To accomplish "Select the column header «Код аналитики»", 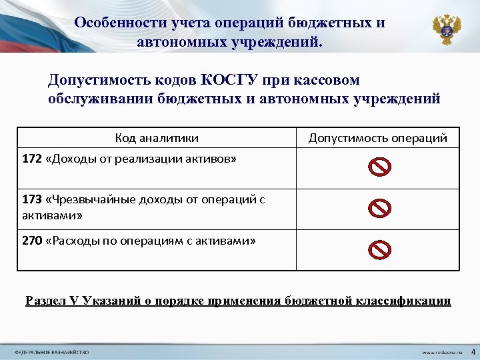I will [157, 138].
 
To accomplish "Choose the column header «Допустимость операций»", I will [377, 138].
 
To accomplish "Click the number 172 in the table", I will [31, 159].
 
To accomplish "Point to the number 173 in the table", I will [31, 199].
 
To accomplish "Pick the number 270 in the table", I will [31, 241].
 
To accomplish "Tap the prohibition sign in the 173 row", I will [379, 209].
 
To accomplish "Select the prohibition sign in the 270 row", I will [379, 249].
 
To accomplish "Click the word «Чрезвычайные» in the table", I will [86, 199].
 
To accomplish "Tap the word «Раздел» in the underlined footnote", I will [45, 301].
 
